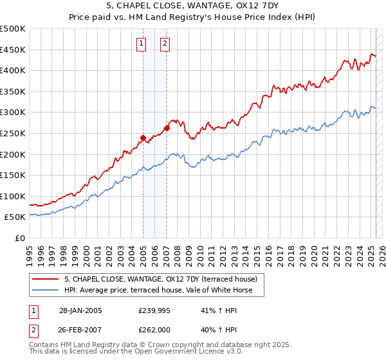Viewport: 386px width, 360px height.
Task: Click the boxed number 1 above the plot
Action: click(141, 44)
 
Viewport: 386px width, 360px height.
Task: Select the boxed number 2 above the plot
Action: click(165, 44)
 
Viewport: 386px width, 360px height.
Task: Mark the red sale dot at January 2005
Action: click(143, 137)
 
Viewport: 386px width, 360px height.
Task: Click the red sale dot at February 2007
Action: click(167, 128)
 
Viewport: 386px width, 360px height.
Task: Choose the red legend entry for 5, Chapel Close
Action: click(161, 279)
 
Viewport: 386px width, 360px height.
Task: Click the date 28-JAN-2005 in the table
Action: click(80, 310)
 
